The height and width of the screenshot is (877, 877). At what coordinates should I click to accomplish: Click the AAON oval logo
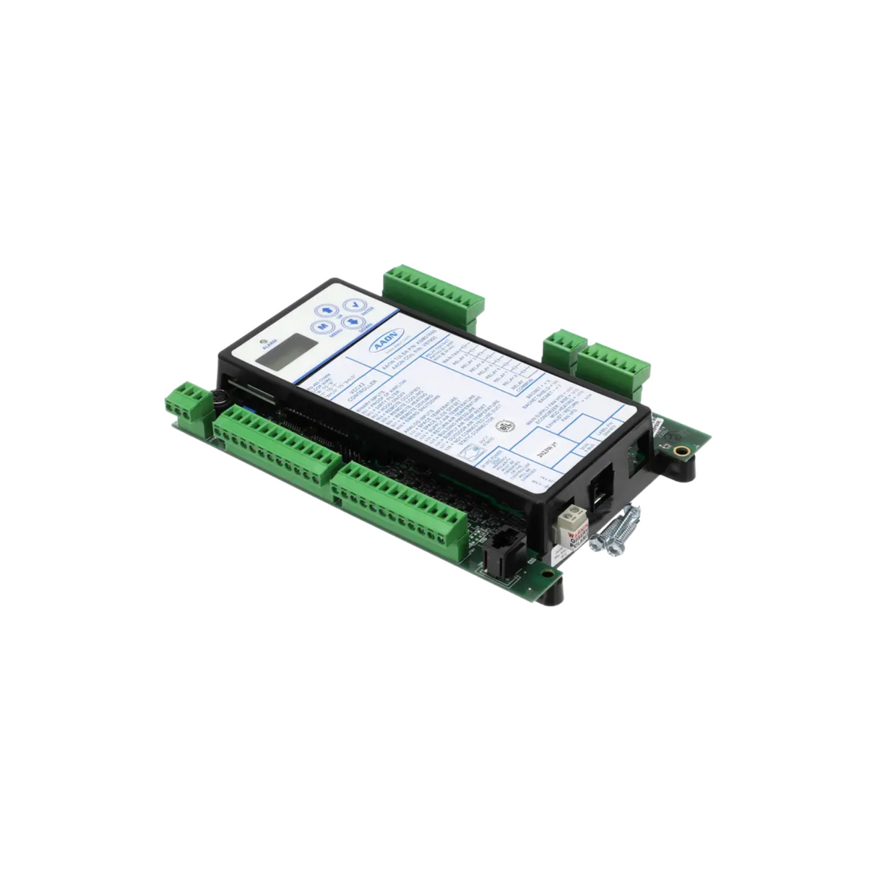(383, 347)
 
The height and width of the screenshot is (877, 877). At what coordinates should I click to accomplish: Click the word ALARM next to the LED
(260, 351)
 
